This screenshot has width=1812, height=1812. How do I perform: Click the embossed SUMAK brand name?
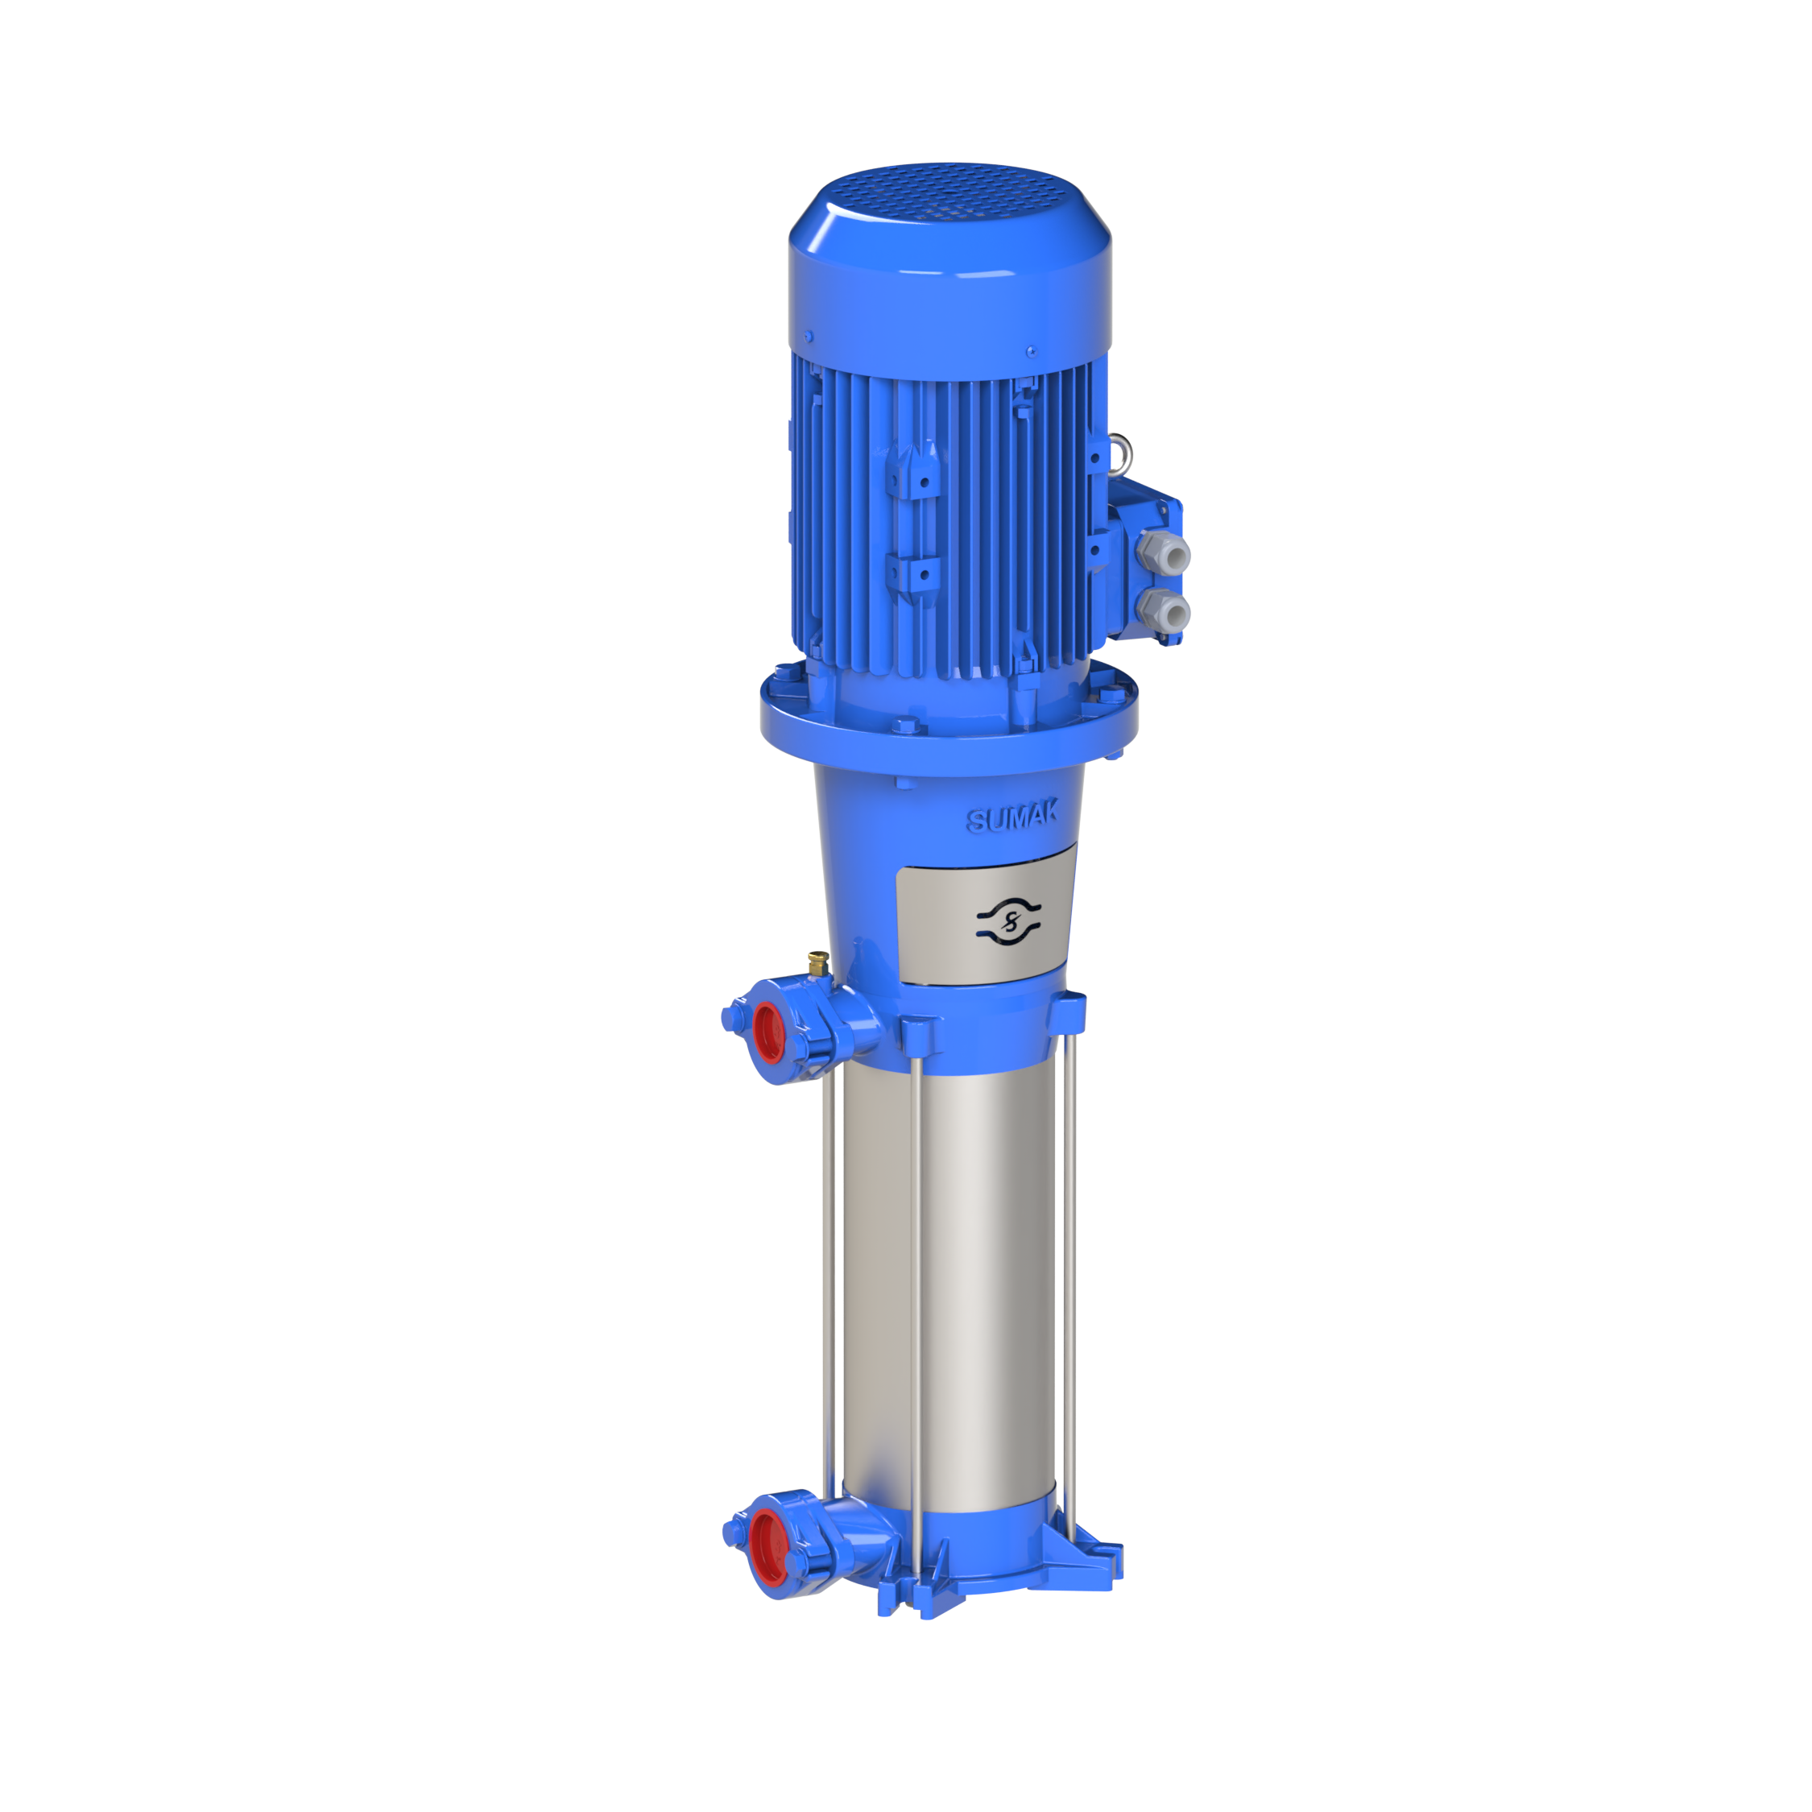(1012, 817)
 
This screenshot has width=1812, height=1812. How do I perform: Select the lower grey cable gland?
(1163, 611)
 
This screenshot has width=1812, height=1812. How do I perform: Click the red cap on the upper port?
(767, 1032)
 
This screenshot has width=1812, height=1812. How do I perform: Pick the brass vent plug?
(818, 962)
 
